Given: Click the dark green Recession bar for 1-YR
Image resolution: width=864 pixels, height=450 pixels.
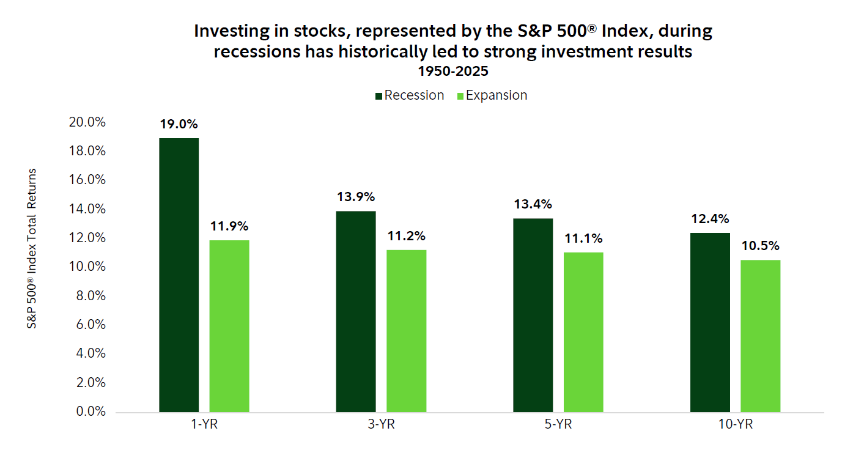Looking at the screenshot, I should (x=179, y=275).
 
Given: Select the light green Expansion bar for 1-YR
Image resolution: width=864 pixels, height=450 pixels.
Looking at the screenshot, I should (x=229, y=325).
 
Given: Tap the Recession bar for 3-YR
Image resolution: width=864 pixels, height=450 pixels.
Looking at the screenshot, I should (x=356, y=311).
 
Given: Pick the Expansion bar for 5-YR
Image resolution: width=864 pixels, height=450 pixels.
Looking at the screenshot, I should (x=583, y=331).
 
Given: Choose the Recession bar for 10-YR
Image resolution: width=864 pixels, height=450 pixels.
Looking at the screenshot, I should (x=710, y=322).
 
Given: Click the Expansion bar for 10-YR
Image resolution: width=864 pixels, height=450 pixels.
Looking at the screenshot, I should (x=761, y=336).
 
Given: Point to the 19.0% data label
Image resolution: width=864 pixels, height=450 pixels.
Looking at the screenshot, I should (x=179, y=124).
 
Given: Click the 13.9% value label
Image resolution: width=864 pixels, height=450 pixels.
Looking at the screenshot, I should (x=356, y=197).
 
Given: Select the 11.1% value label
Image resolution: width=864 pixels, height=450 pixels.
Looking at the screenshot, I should (x=583, y=238).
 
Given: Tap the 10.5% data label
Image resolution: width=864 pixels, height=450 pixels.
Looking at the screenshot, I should (x=761, y=246).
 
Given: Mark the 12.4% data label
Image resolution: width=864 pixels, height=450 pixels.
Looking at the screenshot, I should (x=710, y=219).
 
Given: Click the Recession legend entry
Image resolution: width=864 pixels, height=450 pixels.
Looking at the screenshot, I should (x=409, y=95).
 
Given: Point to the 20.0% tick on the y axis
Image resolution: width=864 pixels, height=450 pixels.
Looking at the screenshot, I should (x=87, y=122).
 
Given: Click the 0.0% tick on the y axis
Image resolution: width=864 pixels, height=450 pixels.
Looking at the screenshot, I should (x=90, y=411).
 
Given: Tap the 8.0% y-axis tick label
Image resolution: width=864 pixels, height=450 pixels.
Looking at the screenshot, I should (x=90, y=295).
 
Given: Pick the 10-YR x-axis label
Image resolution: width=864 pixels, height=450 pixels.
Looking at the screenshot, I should (x=735, y=425).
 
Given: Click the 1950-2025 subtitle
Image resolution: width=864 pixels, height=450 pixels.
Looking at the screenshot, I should (x=452, y=71).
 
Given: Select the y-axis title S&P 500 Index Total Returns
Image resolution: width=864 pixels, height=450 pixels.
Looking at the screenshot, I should (x=31, y=249).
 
